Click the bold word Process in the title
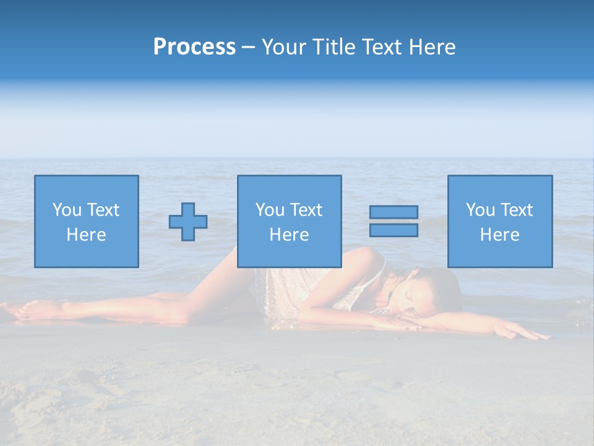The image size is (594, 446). tap(194, 47)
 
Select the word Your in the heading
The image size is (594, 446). tap(284, 47)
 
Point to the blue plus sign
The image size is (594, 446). tap(188, 222)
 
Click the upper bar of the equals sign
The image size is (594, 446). tap(394, 212)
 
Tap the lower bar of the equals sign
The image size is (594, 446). tap(394, 230)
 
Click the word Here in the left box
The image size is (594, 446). tap(86, 235)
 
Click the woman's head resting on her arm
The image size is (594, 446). tap(427, 291)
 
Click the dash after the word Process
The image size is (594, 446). tap(249, 47)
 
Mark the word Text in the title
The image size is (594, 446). tap(379, 47)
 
